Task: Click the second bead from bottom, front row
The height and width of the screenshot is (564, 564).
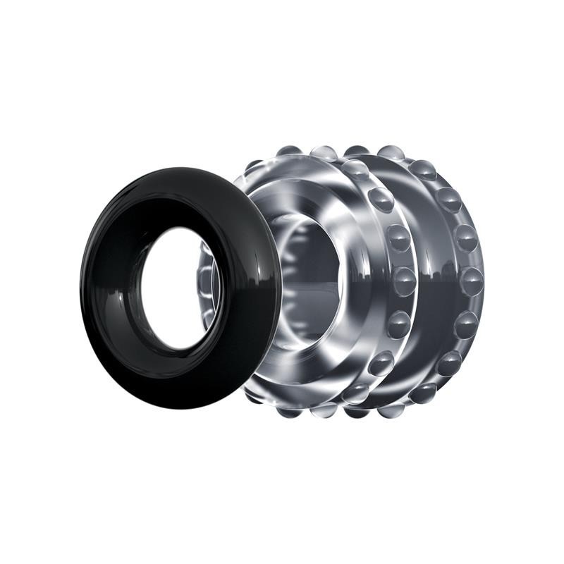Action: [381, 362]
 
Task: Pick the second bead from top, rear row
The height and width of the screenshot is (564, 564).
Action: [448, 200]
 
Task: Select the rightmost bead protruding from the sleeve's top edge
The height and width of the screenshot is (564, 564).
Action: [390, 152]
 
